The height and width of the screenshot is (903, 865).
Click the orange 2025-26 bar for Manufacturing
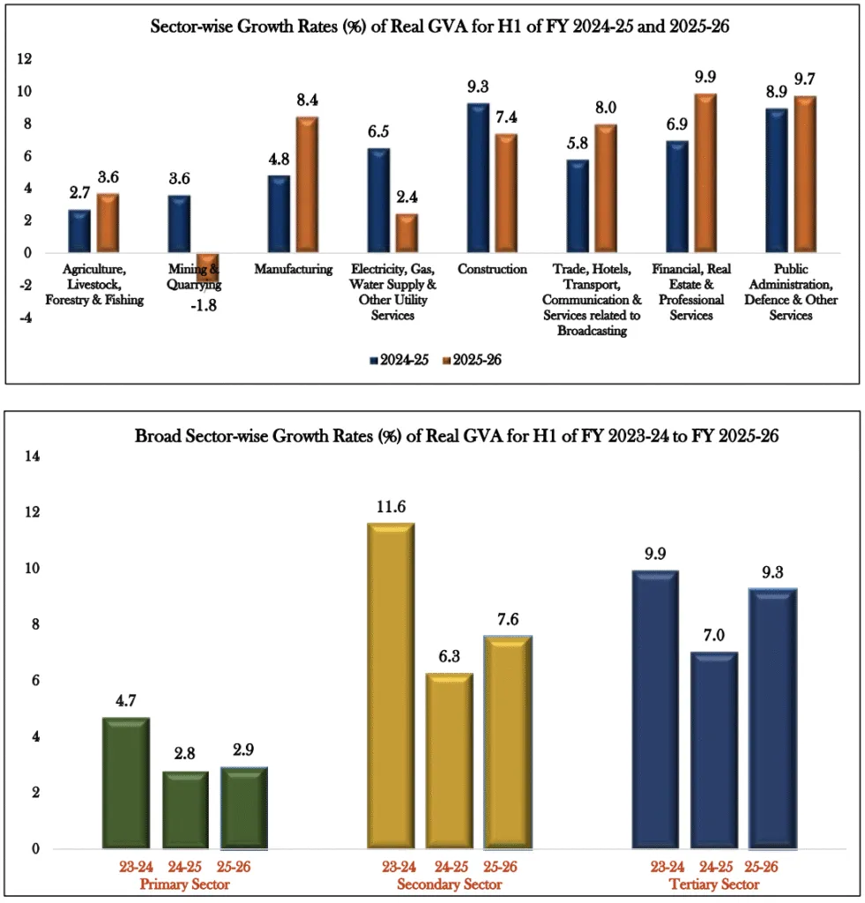click(306, 185)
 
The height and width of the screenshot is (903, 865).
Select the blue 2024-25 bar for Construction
click(477, 178)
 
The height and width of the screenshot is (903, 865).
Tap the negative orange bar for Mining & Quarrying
click(207, 267)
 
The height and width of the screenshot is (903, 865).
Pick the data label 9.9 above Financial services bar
click(705, 77)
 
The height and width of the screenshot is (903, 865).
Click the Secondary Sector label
click(449, 884)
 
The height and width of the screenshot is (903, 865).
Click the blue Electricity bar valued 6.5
click(378, 200)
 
